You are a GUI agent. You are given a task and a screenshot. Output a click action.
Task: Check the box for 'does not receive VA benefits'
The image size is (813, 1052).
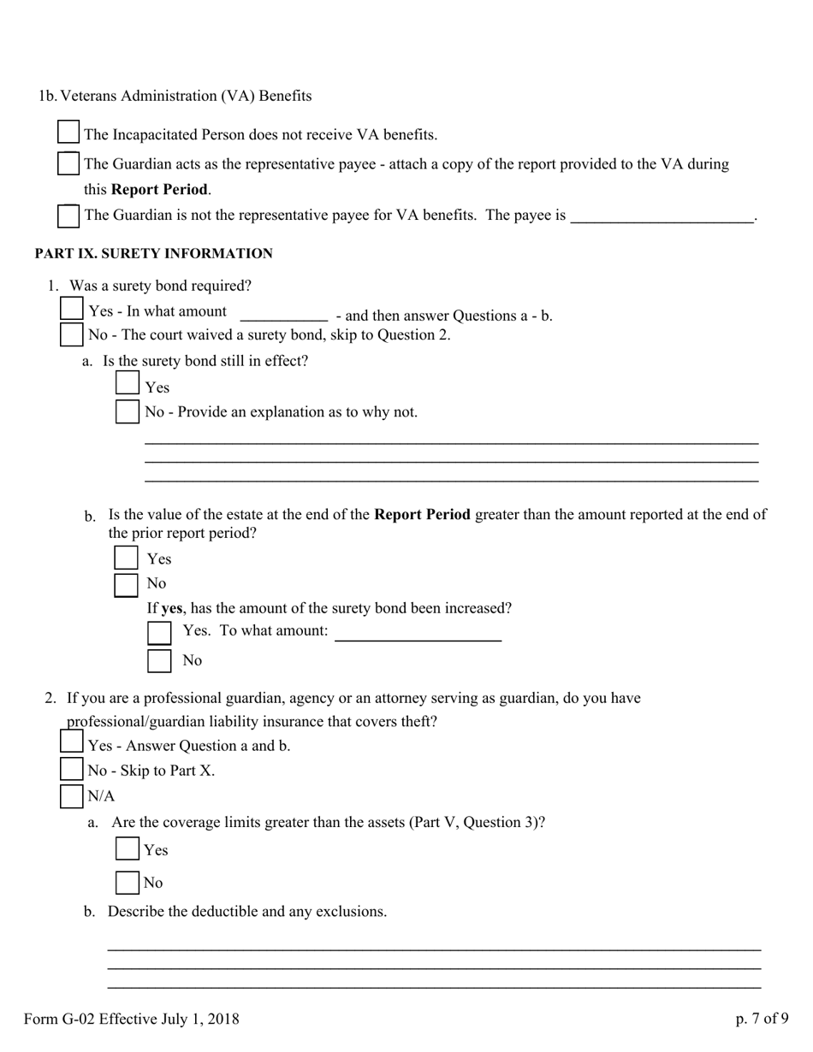pyautogui.click(x=68, y=133)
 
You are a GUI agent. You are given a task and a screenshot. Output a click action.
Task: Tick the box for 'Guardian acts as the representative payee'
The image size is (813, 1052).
pyautogui.click(x=68, y=163)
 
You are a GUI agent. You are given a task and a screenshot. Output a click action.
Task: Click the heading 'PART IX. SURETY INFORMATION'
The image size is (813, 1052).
pyautogui.click(x=154, y=254)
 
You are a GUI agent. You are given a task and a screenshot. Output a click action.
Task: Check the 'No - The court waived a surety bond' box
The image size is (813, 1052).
pyautogui.click(x=72, y=334)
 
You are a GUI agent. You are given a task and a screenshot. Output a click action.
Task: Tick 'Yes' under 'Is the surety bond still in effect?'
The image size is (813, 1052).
pyautogui.click(x=128, y=384)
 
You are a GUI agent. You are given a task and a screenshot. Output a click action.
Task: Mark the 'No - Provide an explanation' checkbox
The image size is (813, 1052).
pyautogui.click(x=128, y=411)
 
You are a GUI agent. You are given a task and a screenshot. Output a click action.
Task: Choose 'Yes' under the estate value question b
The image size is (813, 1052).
pyautogui.click(x=127, y=558)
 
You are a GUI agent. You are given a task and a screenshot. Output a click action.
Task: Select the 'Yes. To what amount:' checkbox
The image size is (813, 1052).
pyautogui.click(x=159, y=633)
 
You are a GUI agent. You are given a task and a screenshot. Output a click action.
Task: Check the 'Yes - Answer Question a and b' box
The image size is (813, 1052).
pyautogui.click(x=72, y=742)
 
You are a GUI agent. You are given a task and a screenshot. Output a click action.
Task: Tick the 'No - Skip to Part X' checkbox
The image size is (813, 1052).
pyautogui.click(x=72, y=770)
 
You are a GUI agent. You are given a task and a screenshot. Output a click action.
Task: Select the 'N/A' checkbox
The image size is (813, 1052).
pyautogui.click(x=72, y=796)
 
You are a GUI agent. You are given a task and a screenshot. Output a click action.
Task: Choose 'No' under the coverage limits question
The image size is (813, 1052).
pyautogui.click(x=128, y=882)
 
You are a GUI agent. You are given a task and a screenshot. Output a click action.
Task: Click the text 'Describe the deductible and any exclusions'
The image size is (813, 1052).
pyautogui.click(x=246, y=912)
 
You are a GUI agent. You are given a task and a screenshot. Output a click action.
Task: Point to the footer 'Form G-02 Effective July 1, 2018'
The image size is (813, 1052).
pyautogui.click(x=132, y=1019)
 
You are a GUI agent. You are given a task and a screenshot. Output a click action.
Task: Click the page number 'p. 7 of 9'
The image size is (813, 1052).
pyautogui.click(x=762, y=1019)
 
